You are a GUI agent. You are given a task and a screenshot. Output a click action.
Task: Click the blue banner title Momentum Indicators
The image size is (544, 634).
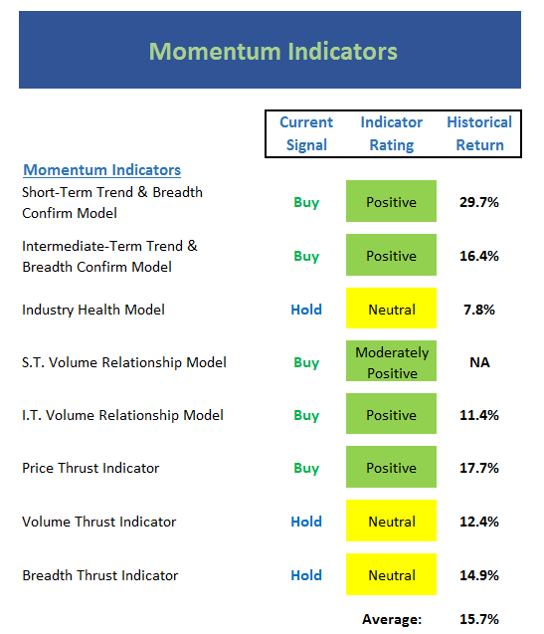tap(273, 52)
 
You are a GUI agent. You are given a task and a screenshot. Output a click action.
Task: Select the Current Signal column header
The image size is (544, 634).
tap(306, 133)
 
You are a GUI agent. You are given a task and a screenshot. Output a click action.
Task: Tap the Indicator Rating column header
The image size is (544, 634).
tap(392, 133)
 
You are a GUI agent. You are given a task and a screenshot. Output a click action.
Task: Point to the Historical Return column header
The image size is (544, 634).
tap(479, 133)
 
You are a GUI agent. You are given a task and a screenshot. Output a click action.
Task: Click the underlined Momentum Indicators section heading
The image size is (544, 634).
tap(101, 170)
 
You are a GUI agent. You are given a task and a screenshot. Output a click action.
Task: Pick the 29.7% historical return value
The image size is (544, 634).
tap(479, 202)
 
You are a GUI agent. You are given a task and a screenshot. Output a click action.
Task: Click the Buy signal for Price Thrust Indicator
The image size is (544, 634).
tap(306, 468)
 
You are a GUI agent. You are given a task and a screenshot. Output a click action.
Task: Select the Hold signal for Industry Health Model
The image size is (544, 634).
tap(306, 310)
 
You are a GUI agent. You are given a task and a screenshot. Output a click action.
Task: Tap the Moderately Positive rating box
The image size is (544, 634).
tap(391, 361)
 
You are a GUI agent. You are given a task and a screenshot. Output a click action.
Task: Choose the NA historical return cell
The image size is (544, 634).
tap(479, 362)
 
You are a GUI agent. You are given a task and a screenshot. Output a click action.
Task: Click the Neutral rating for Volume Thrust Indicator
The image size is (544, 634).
tap(391, 521)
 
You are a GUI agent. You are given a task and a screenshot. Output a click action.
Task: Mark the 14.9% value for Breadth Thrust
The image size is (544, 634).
tap(479, 575)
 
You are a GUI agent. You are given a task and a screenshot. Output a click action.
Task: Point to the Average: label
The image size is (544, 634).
tap(392, 619)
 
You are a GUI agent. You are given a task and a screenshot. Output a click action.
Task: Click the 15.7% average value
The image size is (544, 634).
tap(479, 619)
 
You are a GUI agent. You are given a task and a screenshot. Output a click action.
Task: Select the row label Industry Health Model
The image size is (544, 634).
tap(93, 310)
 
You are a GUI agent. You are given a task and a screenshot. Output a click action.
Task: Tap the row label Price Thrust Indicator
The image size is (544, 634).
tap(91, 468)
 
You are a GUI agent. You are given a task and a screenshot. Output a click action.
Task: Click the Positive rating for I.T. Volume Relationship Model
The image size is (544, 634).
tap(391, 414)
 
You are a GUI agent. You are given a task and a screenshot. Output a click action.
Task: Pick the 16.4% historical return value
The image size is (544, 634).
tap(479, 256)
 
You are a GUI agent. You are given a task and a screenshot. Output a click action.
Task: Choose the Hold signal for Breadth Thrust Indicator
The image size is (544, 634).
tap(306, 575)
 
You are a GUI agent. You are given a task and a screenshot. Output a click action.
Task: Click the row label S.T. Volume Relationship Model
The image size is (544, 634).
tap(124, 362)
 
